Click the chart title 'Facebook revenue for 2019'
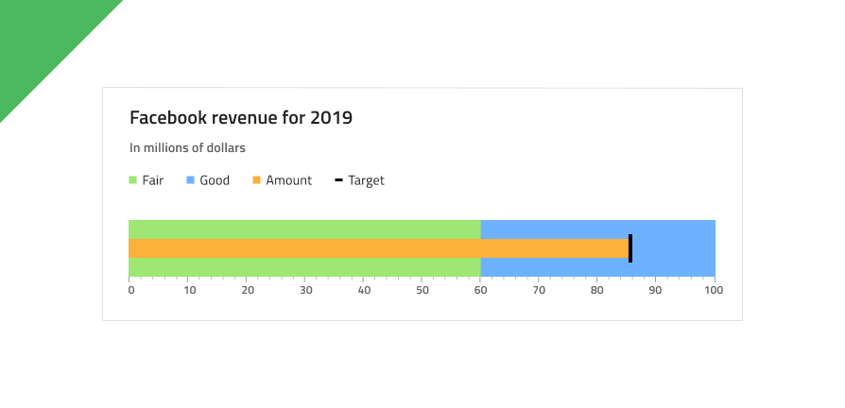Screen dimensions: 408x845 coord(240,118)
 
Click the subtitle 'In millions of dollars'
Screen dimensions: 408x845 coord(187,148)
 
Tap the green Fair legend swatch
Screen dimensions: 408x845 coord(133,180)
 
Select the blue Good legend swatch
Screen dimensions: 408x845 coord(190,180)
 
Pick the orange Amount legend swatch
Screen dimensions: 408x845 coord(256,180)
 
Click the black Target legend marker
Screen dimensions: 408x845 coord(338,180)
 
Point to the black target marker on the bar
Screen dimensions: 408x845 coord(630,248)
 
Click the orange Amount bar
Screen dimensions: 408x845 coord(378,248)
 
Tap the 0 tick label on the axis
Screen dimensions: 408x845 coord(131,290)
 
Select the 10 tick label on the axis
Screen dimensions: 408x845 coord(189,290)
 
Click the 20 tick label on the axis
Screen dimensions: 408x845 coord(248,290)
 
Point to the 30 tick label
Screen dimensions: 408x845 coord(306,290)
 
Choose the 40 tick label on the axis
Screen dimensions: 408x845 coord(364,290)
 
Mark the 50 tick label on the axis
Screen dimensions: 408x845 coord(422,290)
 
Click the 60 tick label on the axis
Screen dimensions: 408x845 coord(481,290)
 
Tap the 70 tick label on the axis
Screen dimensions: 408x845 coord(539,290)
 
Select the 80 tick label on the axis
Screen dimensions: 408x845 coord(597,290)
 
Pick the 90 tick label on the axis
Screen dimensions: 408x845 coord(655,290)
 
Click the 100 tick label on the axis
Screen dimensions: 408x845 coord(714,290)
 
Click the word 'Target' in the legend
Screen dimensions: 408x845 coord(366,180)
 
